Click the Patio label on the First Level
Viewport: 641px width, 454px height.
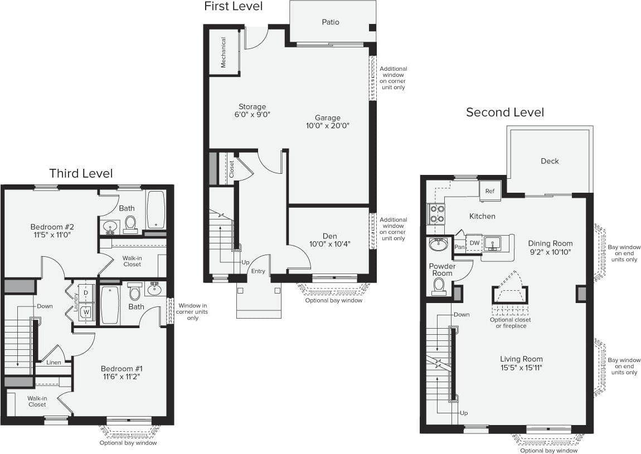pyautogui.click(x=330, y=22)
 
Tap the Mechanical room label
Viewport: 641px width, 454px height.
pyautogui.click(x=224, y=52)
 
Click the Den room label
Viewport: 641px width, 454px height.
pyautogui.click(x=330, y=236)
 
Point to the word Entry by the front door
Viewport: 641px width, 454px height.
pyautogui.click(x=258, y=271)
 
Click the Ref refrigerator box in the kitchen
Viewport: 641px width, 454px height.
pyautogui.click(x=490, y=191)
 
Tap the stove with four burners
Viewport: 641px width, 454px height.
pyautogui.click(x=436, y=213)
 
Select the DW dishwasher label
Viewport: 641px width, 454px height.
pyautogui.click(x=474, y=243)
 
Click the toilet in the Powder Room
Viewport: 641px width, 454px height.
pyautogui.click(x=439, y=286)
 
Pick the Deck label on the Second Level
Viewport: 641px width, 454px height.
pyautogui.click(x=549, y=161)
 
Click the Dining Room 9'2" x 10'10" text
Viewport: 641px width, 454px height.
pyautogui.click(x=551, y=247)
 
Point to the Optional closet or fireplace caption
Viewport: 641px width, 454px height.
pyautogui.click(x=510, y=323)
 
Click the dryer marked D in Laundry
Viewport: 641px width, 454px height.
pyautogui.click(x=86, y=292)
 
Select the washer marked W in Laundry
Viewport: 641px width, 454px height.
pyautogui.click(x=86, y=311)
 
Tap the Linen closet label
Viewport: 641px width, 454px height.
pyautogui.click(x=54, y=363)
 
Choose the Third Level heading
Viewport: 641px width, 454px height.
pyautogui.click(x=81, y=173)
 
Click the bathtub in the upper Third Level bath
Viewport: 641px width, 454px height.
pyautogui.click(x=156, y=209)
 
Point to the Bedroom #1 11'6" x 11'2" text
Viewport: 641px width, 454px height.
pyautogui.click(x=122, y=372)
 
